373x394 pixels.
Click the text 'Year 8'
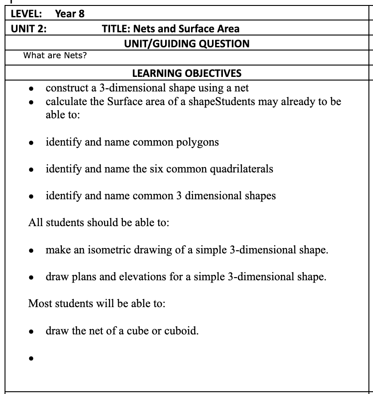pyautogui.click(x=70, y=14)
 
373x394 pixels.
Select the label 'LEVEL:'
pyautogui.click(x=27, y=14)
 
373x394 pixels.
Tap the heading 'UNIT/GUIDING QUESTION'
pyautogui.click(x=186, y=44)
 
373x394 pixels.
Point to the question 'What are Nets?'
pyautogui.click(x=55, y=56)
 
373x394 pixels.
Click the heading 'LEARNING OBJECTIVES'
pyautogui.click(x=186, y=73)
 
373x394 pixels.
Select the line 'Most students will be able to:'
pyautogui.click(x=96, y=303)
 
